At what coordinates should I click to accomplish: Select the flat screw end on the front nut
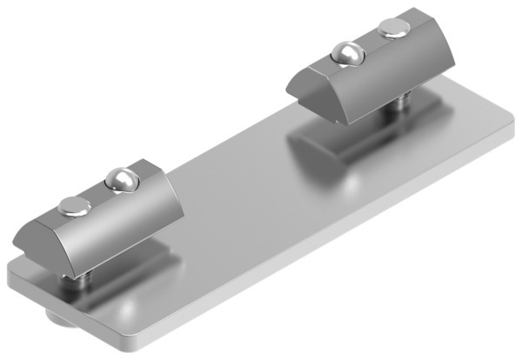click(74, 206)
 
